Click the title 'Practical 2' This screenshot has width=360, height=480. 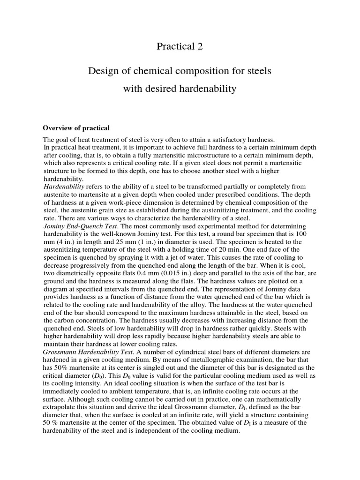180,46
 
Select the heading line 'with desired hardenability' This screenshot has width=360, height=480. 180,89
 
